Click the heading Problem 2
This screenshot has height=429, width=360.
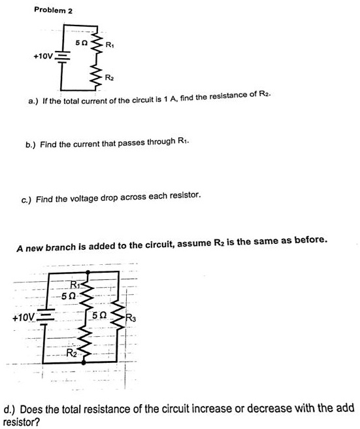pyautogui.click(x=53, y=10)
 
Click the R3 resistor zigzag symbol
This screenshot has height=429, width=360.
pyautogui.click(x=118, y=318)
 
